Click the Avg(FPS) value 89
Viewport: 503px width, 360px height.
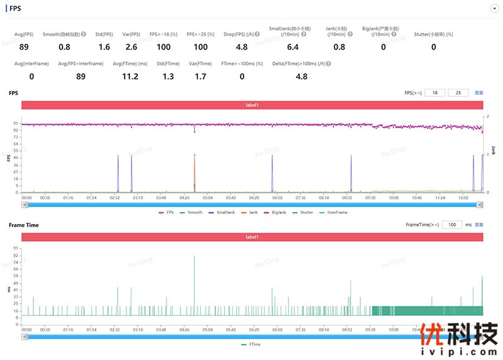24,47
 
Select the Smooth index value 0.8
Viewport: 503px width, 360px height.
64,47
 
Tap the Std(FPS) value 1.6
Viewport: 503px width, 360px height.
104,47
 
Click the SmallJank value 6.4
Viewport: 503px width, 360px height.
292,47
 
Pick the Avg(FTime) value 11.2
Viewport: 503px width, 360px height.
130,77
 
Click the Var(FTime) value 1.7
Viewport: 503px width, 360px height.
201,77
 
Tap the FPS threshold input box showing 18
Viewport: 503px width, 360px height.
436,93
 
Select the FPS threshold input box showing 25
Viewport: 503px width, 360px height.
458,93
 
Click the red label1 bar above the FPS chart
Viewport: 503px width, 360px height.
252,105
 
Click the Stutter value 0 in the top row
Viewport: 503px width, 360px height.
433,47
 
